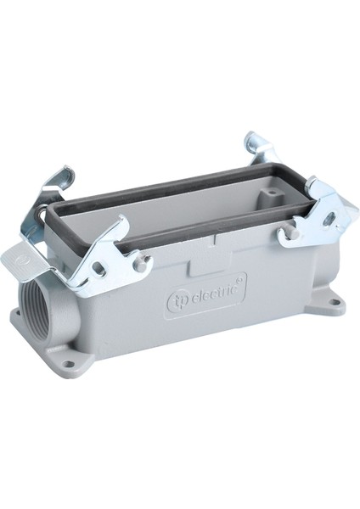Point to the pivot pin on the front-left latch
click(141, 264)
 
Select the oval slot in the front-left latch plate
click(99, 268)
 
